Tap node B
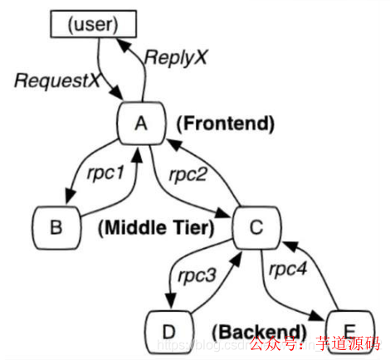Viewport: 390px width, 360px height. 57,225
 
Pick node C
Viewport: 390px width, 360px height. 256,225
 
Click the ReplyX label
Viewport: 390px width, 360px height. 176,57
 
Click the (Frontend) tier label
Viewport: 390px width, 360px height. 225,124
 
